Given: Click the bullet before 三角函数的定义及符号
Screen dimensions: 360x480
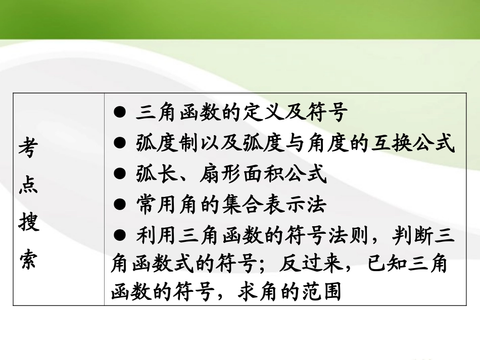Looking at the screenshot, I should click(120, 113).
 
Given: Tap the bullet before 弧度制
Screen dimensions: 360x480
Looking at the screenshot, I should click(120, 144).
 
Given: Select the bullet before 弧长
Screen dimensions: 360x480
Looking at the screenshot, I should click(120, 174).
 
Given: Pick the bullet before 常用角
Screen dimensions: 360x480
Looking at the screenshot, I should click(120, 204).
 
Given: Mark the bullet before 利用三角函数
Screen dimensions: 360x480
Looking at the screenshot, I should click(120, 236).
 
